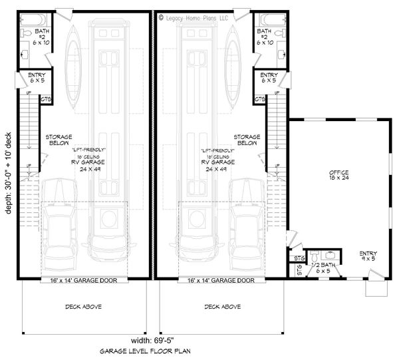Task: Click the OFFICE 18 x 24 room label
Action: click(339, 176)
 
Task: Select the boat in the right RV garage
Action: click(233, 63)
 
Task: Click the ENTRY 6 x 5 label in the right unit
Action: click(269, 78)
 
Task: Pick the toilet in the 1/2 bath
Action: click(314, 256)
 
